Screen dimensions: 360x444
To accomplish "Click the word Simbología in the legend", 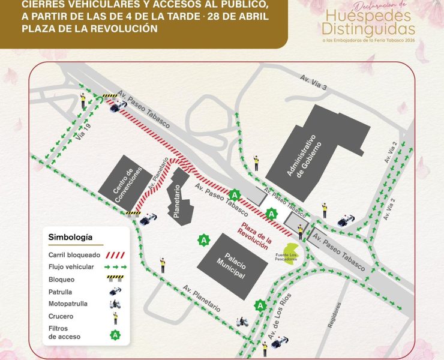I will (70, 238).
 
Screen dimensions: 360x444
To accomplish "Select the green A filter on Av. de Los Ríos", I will (260, 305).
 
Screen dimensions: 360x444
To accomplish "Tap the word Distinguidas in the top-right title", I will (367, 28).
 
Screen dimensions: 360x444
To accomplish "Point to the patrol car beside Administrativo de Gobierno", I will (345, 221).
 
